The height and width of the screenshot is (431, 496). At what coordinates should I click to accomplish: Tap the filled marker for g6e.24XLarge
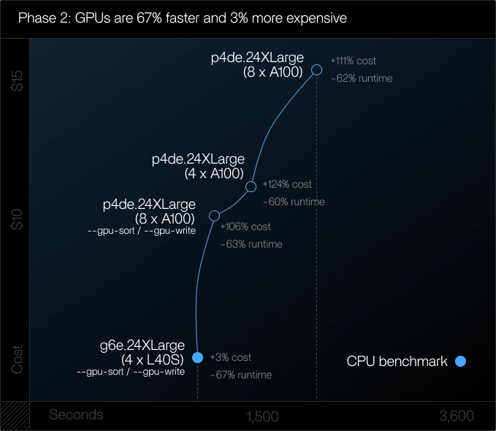(x=197, y=357)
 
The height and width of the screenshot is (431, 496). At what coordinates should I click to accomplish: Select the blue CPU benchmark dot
(x=460, y=361)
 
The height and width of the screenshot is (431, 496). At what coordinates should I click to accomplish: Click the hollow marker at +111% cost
(x=317, y=69)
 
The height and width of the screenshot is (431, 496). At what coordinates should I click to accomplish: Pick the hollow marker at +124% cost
(x=251, y=186)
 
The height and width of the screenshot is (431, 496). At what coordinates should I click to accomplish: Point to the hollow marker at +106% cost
(x=214, y=215)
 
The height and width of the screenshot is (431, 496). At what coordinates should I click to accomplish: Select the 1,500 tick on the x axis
(x=262, y=416)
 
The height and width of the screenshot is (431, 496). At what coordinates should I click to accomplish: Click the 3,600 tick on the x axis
(x=457, y=416)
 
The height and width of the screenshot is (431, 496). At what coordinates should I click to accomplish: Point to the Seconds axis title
(x=76, y=415)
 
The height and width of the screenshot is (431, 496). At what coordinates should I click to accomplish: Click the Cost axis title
(x=18, y=359)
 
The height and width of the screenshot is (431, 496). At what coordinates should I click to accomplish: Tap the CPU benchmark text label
(x=397, y=361)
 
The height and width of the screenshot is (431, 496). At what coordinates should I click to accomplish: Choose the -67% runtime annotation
(x=240, y=375)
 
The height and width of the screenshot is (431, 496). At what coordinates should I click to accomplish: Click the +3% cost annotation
(x=230, y=357)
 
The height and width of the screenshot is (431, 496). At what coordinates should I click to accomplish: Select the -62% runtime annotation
(x=362, y=78)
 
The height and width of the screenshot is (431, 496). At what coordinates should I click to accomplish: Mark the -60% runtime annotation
(x=294, y=202)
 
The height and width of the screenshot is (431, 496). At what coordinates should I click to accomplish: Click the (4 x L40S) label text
(x=153, y=359)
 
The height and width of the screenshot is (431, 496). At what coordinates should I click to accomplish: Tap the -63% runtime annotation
(x=251, y=244)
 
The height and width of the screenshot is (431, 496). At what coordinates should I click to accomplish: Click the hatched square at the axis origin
(x=15, y=416)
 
